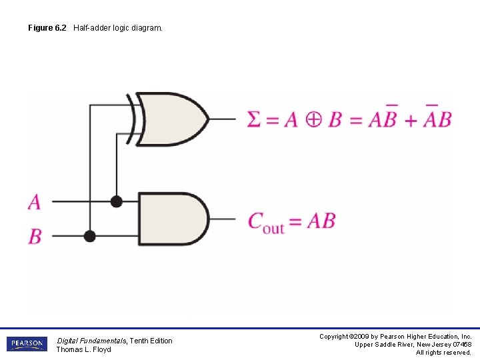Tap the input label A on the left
point(34,201)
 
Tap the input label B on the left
point(35,236)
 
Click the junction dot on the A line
point(117,201)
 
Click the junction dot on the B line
point(90,236)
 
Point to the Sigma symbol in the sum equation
point(254,119)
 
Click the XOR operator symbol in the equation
point(313,119)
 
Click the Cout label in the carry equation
point(265,221)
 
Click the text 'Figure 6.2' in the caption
point(47,28)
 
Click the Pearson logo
point(27,344)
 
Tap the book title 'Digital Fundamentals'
point(91,341)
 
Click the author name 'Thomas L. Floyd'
point(83,349)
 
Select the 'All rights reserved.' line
point(443,353)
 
